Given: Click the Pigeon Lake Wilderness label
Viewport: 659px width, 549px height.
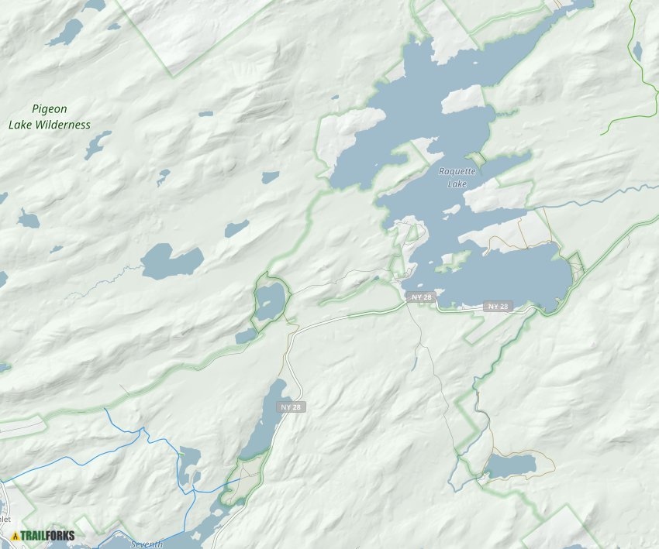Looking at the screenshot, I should pos(50,117).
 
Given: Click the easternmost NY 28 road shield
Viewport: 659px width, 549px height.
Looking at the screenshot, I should pos(498,307).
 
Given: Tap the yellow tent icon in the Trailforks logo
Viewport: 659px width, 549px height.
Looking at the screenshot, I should pos(16,535).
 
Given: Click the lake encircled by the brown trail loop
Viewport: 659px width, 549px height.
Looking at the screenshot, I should pos(510,465).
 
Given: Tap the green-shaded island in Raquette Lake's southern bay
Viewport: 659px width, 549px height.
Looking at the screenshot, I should pos(453,261).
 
